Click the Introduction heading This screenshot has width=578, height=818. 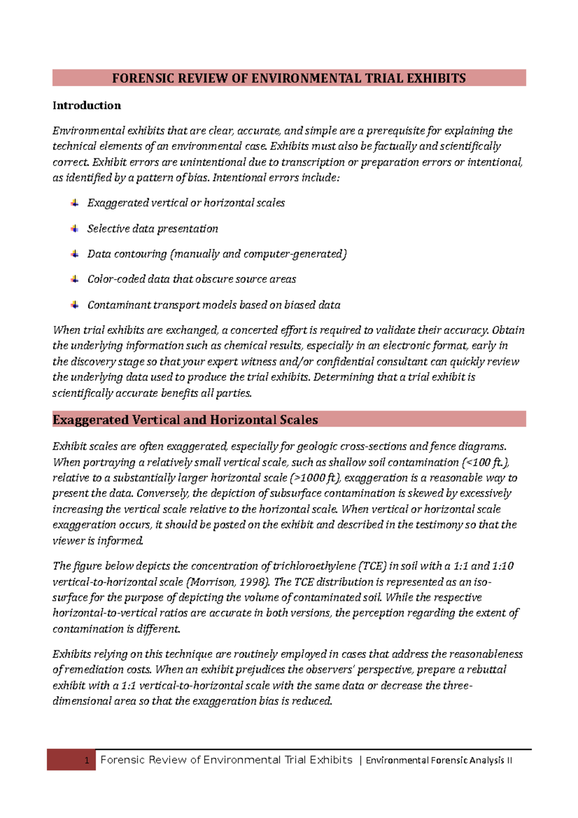tap(87, 106)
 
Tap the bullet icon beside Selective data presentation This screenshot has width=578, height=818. tap(75, 228)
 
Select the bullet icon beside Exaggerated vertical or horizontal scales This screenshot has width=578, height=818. tap(75, 203)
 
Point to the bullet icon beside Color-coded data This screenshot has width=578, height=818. tap(75, 279)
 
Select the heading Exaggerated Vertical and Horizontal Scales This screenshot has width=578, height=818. tap(185, 420)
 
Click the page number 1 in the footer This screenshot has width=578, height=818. tap(87, 761)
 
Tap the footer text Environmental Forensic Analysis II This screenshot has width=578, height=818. tap(439, 761)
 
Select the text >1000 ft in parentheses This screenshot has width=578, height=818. tap(316, 478)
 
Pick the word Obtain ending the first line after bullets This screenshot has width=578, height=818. tap(508, 330)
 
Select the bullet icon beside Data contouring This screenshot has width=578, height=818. tap(75, 254)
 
